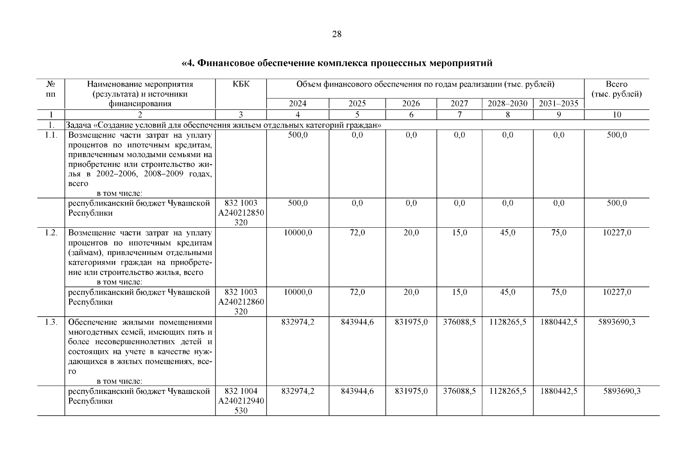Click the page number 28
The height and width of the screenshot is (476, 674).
coord(336,34)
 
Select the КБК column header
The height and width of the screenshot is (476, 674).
coord(241,84)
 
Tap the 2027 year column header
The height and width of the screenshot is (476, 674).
coord(459,104)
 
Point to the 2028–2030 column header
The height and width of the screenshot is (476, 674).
coord(507,104)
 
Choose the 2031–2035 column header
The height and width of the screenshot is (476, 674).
coord(558,104)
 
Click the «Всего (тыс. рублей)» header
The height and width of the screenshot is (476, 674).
coord(616,89)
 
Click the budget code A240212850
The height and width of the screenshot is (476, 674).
coord(241,213)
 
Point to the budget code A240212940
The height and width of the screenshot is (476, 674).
coord(241,401)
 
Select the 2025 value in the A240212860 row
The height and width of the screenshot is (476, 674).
coord(357,292)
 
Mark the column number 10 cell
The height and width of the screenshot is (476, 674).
coord(616,115)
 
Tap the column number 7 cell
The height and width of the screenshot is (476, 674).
coord(459,115)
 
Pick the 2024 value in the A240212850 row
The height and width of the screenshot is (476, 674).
coord(297,203)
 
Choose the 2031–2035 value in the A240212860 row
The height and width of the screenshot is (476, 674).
coord(558,292)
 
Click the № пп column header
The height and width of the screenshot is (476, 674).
coord(51,89)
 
